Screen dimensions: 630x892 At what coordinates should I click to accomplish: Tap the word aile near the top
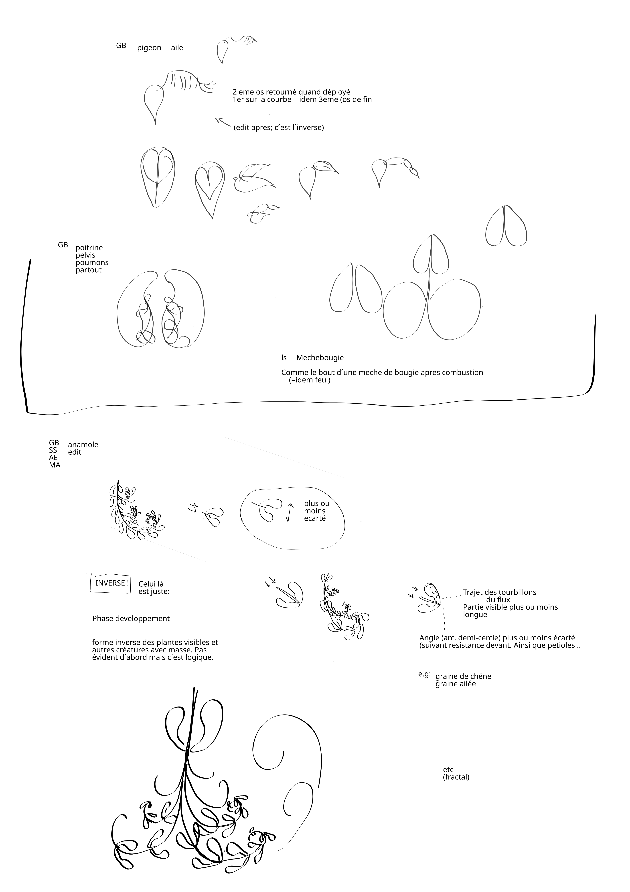coord(177,48)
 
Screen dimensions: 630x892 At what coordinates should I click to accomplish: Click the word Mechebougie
coord(320,358)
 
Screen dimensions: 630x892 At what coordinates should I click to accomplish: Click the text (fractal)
coord(456,777)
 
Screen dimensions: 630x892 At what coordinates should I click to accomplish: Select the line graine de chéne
coord(463,676)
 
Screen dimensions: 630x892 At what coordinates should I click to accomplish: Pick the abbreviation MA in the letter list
coord(55,465)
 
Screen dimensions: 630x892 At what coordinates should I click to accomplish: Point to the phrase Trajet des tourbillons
coord(500,592)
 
